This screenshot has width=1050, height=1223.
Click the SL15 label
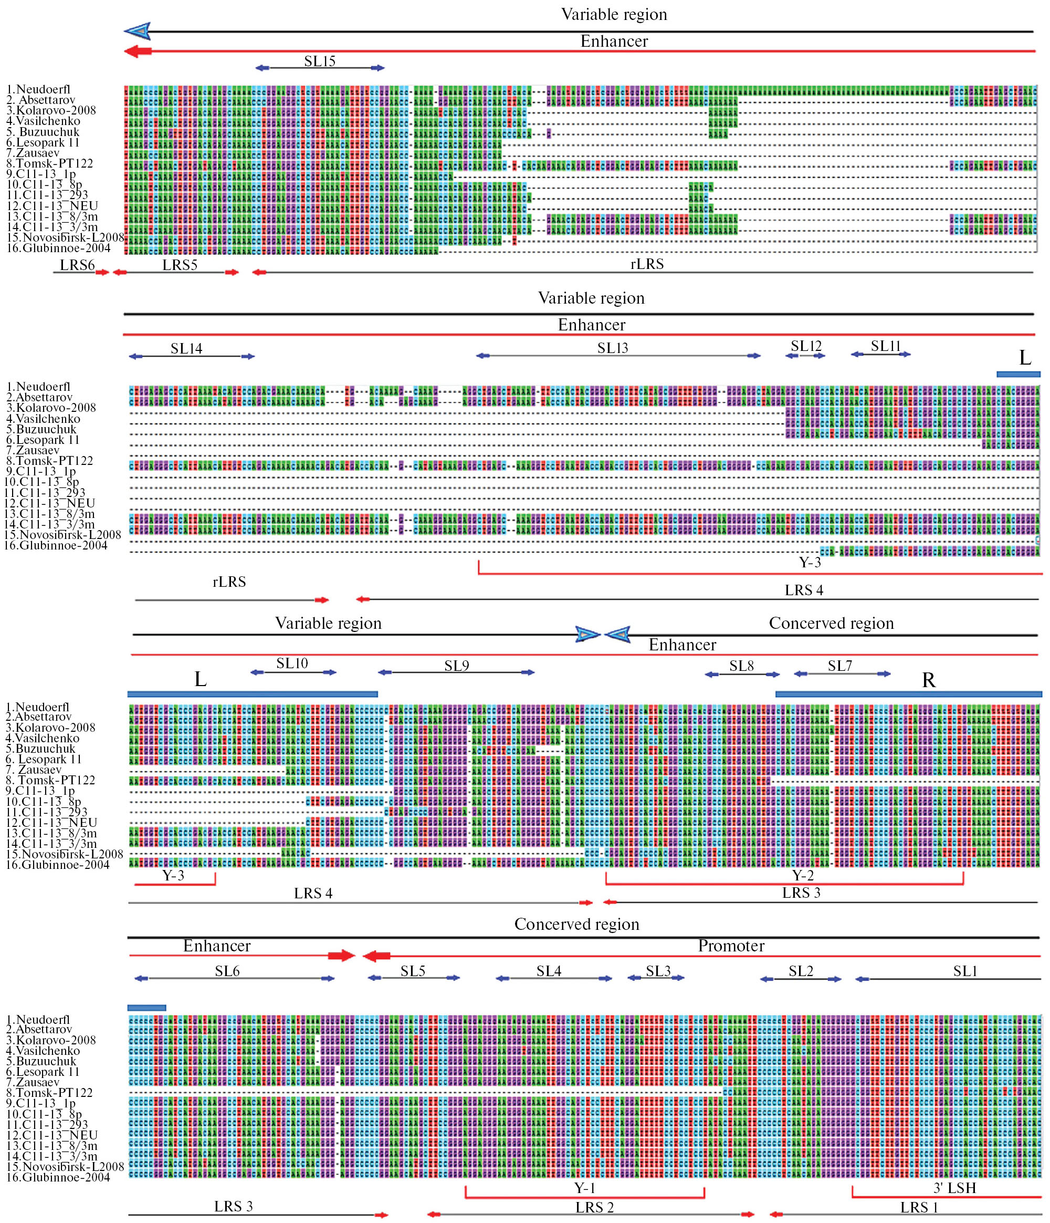320,61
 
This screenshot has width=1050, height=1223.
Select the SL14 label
186,349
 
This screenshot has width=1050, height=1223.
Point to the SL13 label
612,348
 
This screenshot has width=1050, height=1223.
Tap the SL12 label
806,347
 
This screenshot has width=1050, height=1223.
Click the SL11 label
886,347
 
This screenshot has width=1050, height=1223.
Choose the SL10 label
292,664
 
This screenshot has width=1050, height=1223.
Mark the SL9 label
457,666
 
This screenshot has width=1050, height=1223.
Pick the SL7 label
839,666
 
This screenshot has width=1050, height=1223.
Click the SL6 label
227,971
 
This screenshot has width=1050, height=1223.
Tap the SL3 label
658,971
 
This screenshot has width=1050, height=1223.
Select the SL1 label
965,971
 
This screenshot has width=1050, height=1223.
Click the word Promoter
731,946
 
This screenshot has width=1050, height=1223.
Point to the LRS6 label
77,265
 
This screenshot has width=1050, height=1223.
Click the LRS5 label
180,265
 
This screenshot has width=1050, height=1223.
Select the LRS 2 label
595,1208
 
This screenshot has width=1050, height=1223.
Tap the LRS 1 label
919,1208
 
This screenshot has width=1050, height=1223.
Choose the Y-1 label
584,1188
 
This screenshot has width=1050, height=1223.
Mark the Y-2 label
803,875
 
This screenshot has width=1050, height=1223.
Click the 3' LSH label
954,1188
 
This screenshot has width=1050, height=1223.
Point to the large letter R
929,680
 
